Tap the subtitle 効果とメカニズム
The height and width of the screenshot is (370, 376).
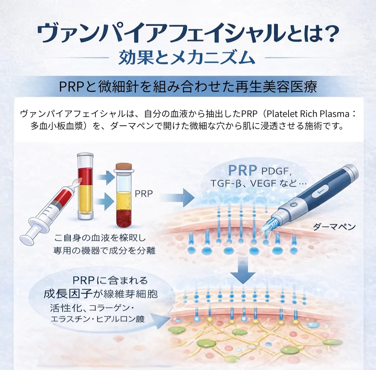(187, 58)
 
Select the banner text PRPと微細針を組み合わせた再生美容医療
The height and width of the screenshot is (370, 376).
(188, 87)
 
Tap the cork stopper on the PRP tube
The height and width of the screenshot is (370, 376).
(124, 167)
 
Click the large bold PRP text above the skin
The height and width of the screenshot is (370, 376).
(242, 171)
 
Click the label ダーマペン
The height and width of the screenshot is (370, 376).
(334, 227)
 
